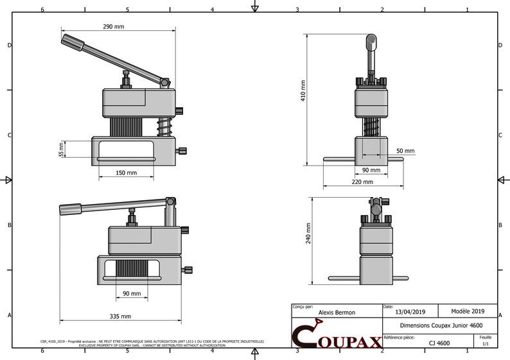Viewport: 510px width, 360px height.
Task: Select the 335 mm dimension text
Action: pos(119,316)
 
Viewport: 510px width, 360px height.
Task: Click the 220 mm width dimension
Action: pos(362,182)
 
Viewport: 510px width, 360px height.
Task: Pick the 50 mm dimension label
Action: pos(405,151)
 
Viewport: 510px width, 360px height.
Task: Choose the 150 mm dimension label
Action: pos(126,173)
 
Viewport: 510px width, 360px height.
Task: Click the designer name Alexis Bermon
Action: pos(337,313)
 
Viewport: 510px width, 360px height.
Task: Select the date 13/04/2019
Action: pos(410,312)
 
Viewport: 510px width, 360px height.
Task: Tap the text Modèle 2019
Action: pos(469,311)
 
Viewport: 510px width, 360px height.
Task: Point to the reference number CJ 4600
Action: pos(439,343)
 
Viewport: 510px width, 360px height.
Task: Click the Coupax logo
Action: pos(336,336)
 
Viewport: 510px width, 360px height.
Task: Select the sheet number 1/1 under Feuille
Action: pos(485,344)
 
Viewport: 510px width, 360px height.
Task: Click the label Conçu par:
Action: pos(303,307)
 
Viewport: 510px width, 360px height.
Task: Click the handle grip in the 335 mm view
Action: pos(70,209)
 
